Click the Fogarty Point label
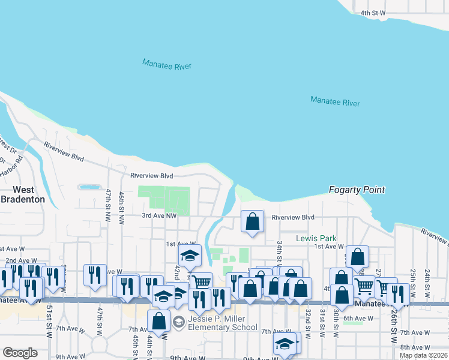click(357, 190)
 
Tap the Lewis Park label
click(316, 238)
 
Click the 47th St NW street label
click(109, 199)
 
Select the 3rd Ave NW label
click(159, 215)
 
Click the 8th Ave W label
click(413, 347)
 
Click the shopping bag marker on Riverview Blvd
click(253, 221)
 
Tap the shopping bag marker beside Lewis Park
click(357, 256)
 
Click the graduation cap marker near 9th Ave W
click(285, 344)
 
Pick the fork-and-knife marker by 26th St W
click(397, 294)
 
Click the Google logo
click(20, 353)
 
